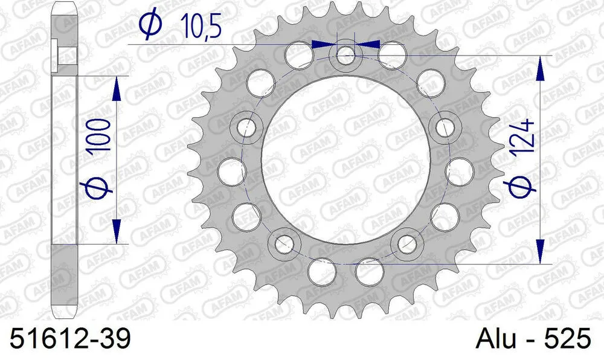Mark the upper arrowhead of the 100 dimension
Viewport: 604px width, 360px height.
tap(117, 88)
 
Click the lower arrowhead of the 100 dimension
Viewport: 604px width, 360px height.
tap(117, 232)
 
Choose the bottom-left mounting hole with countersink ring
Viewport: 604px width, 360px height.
tap(287, 243)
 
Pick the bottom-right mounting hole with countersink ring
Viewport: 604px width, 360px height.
tap(405, 243)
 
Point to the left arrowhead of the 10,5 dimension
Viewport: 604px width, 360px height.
tap(324, 44)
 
